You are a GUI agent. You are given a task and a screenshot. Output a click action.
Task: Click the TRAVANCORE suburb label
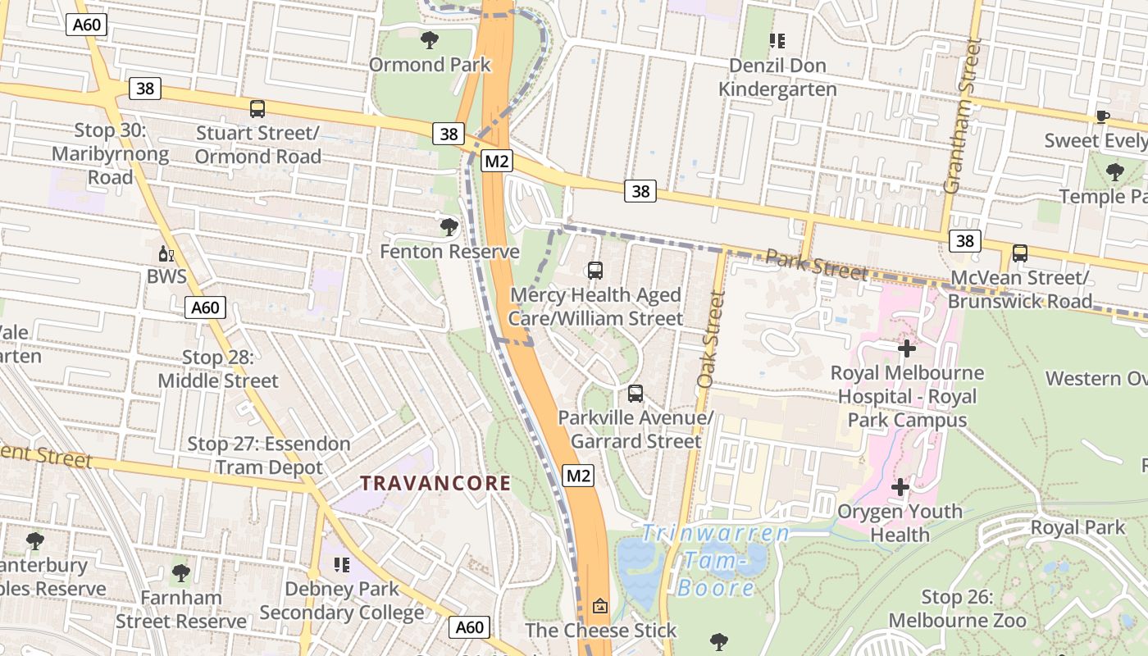(x=435, y=483)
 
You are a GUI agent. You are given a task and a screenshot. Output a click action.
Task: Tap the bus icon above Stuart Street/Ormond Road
(x=257, y=108)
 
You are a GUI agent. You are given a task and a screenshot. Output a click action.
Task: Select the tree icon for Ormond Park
(x=429, y=39)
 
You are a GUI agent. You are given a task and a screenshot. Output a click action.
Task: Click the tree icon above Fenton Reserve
(x=449, y=227)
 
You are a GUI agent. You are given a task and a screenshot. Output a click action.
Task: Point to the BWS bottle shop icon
(x=166, y=253)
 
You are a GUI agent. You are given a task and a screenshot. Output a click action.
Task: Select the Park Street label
(x=816, y=265)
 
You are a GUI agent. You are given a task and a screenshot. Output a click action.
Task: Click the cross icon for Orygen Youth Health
(x=900, y=487)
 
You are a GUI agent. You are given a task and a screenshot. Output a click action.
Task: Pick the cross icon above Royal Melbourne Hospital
(x=907, y=348)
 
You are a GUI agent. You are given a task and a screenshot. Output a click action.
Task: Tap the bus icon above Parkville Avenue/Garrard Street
(x=635, y=394)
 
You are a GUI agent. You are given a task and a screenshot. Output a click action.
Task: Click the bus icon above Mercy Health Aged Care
(x=595, y=270)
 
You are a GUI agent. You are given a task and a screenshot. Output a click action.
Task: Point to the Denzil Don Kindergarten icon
(x=777, y=41)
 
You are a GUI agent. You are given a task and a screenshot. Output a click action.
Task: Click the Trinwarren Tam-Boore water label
(x=715, y=560)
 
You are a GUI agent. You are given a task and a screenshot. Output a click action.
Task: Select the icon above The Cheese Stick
(x=600, y=607)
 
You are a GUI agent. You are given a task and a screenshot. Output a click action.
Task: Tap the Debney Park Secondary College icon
(x=342, y=564)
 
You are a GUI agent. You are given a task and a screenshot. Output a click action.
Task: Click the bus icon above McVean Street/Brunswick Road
(x=1019, y=253)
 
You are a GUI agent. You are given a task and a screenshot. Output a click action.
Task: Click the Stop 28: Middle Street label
(x=218, y=369)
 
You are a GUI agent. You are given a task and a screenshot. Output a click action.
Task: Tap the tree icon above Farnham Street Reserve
(x=181, y=573)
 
